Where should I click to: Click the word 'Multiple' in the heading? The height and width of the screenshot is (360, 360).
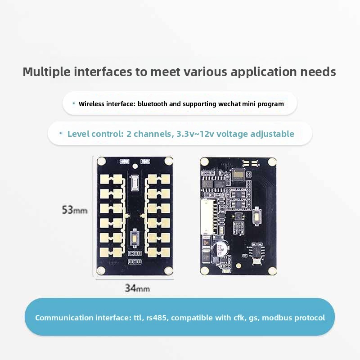coord(47,72)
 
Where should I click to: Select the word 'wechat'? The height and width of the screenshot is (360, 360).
coord(229,104)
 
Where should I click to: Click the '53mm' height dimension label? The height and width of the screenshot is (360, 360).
coord(75,210)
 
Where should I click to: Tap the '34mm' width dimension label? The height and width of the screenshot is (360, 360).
coord(137,288)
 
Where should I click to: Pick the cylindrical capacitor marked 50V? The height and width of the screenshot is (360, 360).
coord(220,249)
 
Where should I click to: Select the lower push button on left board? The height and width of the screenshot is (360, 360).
coord(134,238)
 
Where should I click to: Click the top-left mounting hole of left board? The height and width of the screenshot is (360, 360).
coord(102,161)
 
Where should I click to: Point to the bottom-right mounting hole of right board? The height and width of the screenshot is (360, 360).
coord(272,271)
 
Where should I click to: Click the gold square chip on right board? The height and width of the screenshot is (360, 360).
coord(238,175)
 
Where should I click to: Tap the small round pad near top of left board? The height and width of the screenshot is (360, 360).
coord(135,166)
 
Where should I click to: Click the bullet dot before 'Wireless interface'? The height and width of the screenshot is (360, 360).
coord(74,103)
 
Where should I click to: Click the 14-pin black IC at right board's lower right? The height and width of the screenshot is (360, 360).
coord(256,251)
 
